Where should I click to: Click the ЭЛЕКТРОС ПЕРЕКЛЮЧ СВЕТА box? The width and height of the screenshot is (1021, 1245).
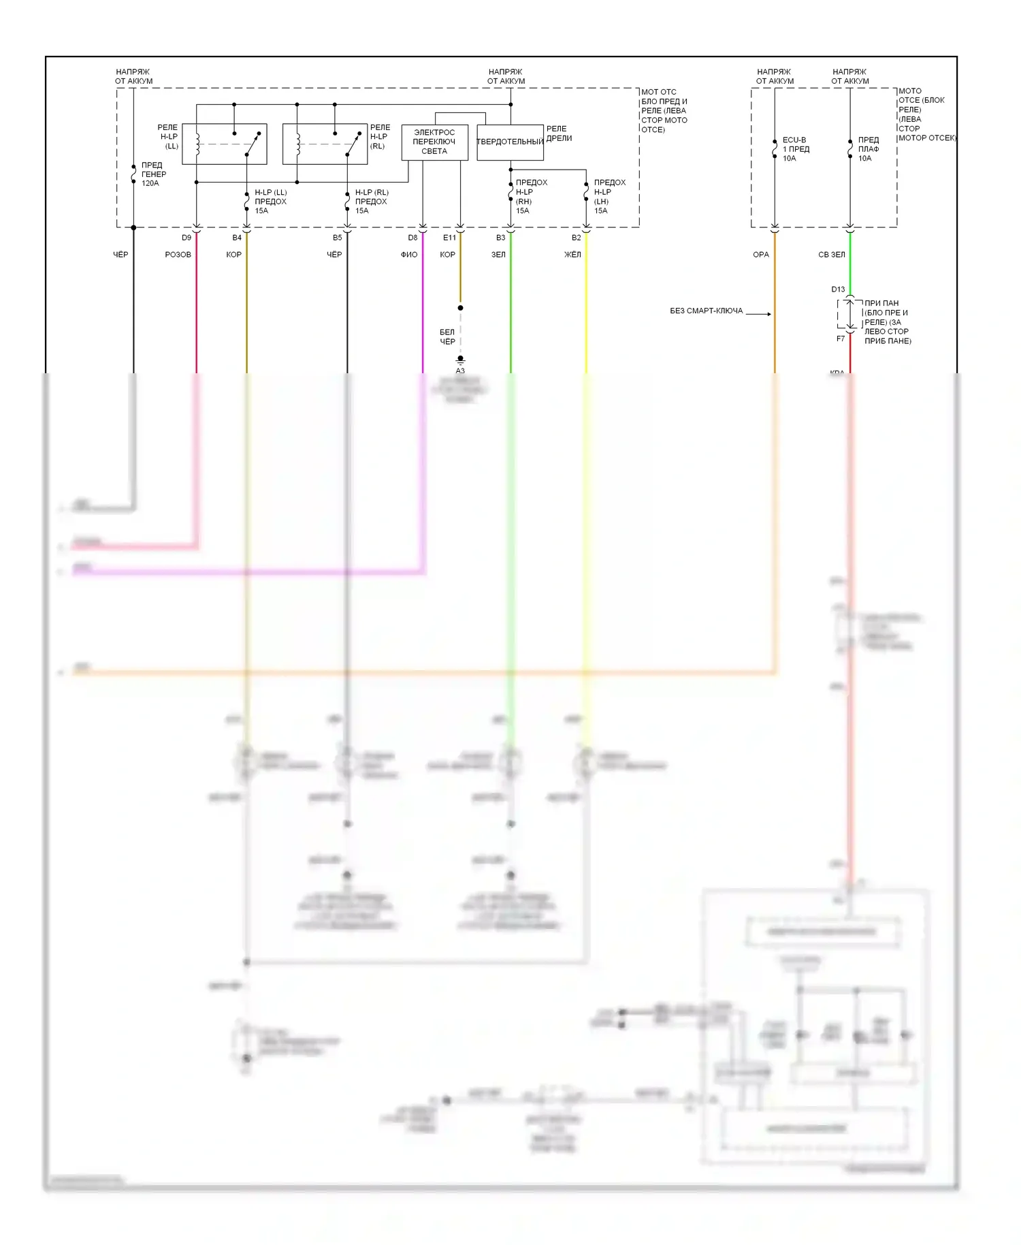point(434,142)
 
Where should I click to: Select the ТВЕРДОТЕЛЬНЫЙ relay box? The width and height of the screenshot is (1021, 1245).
point(510,142)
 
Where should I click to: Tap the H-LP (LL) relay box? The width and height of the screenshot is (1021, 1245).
point(224,144)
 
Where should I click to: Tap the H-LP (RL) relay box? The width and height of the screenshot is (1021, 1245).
point(325,144)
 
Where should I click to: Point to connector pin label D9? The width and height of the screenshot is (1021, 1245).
point(187,238)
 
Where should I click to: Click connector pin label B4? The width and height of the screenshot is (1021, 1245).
point(237,238)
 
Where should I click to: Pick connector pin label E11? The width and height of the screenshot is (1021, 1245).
point(449,238)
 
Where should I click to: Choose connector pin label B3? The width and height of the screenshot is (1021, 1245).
point(501,238)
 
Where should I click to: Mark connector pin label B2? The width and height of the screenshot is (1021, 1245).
point(577,238)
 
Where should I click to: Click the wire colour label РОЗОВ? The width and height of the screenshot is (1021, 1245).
point(178,255)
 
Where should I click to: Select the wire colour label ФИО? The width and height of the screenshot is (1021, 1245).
point(409,255)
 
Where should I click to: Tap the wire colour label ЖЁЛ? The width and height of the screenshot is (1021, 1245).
point(572,255)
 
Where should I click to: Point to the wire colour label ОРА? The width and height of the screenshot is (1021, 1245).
point(761,255)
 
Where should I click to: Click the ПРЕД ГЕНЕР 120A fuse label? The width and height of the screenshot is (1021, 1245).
point(153,174)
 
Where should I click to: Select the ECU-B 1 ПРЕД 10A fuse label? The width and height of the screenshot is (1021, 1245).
point(795,149)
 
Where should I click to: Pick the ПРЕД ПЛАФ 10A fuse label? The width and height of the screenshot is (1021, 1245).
point(869,149)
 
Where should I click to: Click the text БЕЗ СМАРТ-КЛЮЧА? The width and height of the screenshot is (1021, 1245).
point(707,311)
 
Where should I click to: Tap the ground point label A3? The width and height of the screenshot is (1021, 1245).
point(460,371)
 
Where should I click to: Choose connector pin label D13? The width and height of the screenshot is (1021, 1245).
point(838,289)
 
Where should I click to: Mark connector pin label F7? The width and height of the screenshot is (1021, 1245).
point(841,338)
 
